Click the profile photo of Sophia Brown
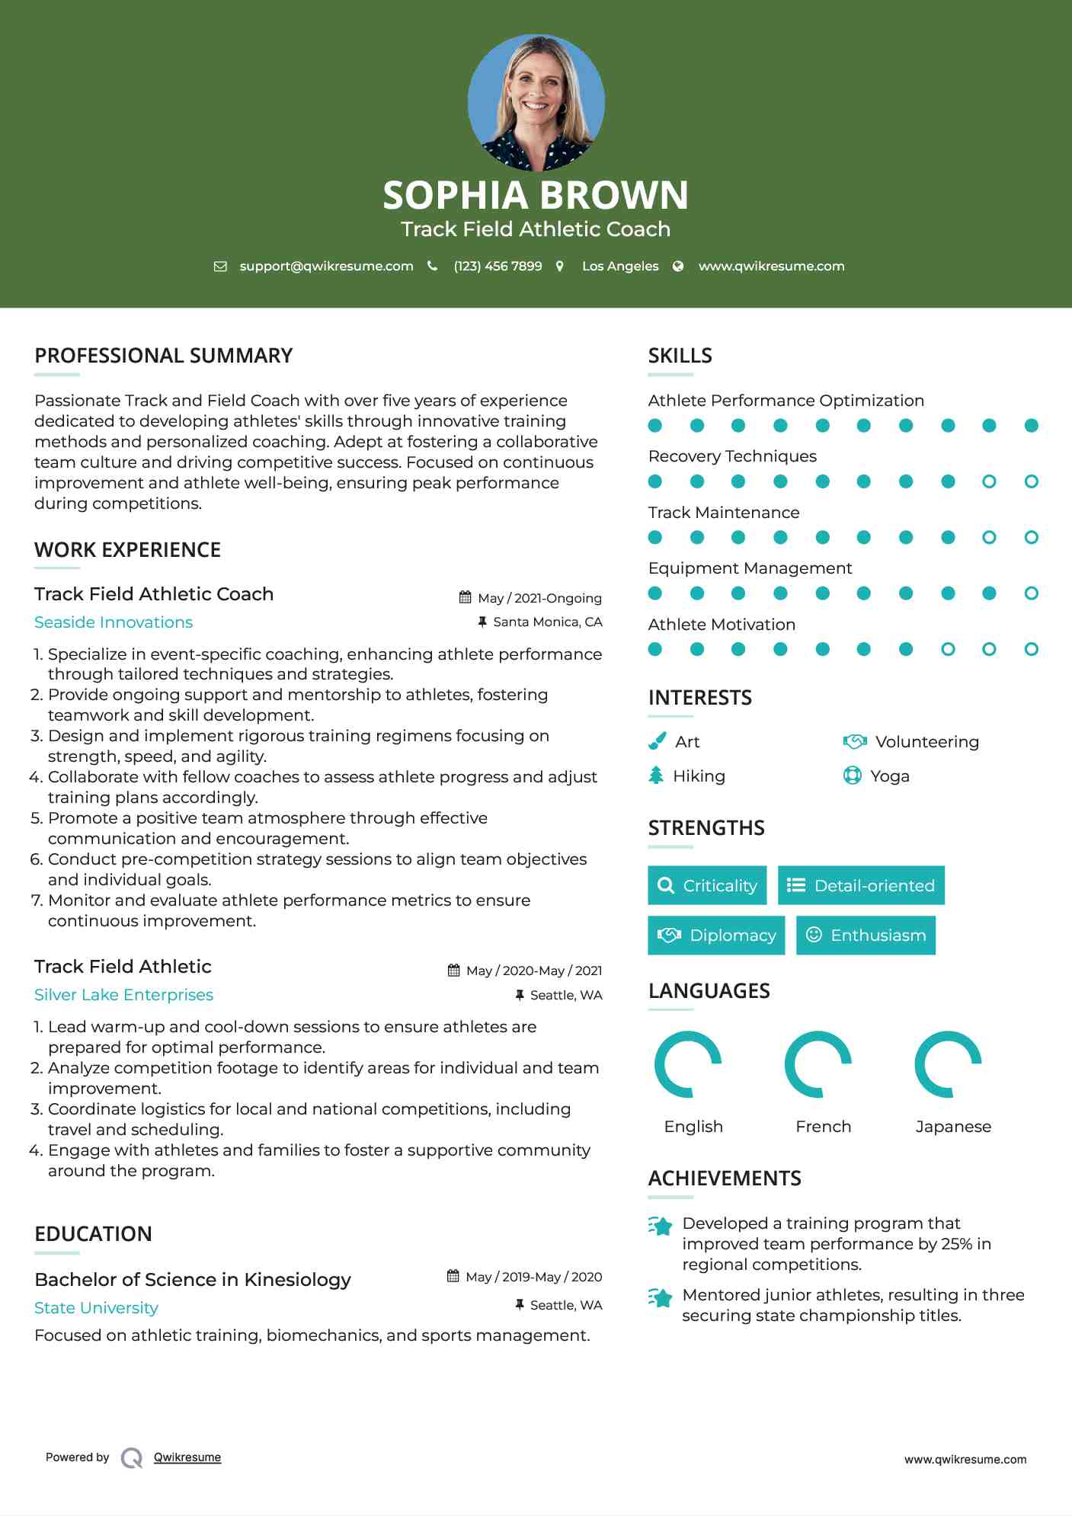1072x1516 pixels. (x=536, y=102)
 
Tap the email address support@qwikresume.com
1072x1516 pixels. (x=326, y=266)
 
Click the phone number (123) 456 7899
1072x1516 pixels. (x=498, y=266)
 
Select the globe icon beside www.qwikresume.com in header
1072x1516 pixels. (x=678, y=266)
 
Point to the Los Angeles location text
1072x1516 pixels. (x=620, y=266)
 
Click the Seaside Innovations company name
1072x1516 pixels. (x=114, y=622)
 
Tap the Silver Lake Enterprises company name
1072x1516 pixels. (x=123, y=995)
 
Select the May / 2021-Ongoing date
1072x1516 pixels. (x=539, y=598)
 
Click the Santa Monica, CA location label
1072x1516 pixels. (x=547, y=622)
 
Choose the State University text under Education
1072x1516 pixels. (x=96, y=1308)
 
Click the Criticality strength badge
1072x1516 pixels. (x=707, y=885)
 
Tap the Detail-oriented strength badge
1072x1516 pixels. (x=861, y=885)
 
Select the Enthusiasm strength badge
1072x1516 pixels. (x=866, y=935)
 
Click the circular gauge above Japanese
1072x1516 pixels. (x=948, y=1064)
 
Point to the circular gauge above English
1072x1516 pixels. (x=688, y=1064)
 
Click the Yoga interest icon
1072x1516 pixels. (x=853, y=776)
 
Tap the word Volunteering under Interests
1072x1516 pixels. (x=926, y=741)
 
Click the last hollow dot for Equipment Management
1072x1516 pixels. (x=1031, y=593)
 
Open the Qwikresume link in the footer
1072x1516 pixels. (x=187, y=1457)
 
